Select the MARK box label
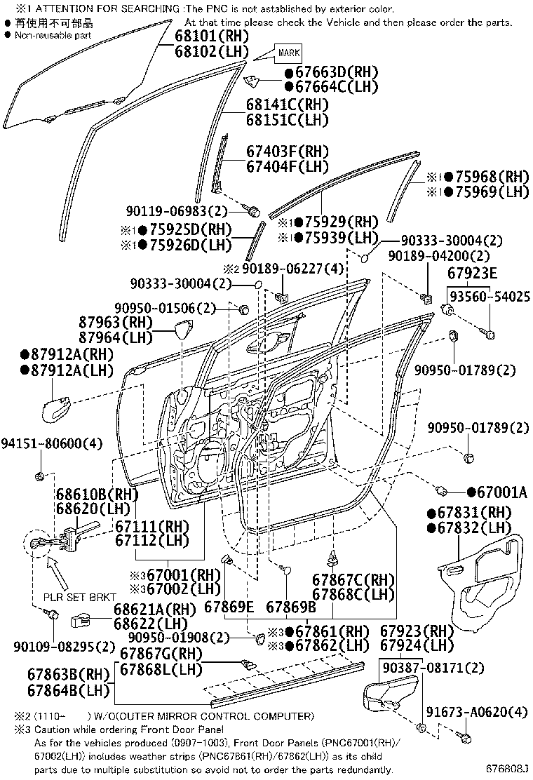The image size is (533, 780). [x=289, y=53]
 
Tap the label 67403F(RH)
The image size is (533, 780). [x=287, y=152]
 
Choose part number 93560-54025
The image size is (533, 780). [x=490, y=297]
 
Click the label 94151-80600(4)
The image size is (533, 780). [x=51, y=443]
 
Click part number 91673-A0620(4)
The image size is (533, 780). [x=483, y=713]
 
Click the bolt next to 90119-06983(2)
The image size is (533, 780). [x=253, y=210]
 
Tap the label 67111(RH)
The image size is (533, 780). [x=151, y=525]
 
